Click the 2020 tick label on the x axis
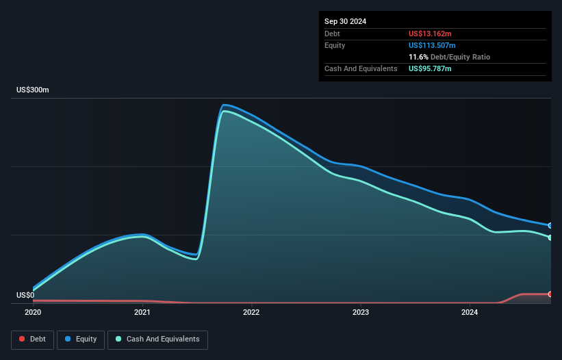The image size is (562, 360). (33, 313)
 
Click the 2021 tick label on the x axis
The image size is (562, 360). (142, 313)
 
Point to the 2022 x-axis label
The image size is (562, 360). (251, 313)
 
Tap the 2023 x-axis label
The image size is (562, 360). (361, 313)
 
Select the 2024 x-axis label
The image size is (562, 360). (470, 313)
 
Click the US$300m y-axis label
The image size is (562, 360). (33, 90)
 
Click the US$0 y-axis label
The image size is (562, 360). (25, 296)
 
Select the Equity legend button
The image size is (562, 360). (81, 339)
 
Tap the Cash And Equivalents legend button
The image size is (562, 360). (157, 339)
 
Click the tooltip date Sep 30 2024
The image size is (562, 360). (346, 21)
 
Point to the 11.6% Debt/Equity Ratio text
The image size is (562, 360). (449, 57)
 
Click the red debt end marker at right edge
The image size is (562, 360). (550, 294)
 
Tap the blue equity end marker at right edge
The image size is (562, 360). (550, 225)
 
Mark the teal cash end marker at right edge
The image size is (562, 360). (550, 237)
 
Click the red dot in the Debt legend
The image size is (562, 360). (23, 339)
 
